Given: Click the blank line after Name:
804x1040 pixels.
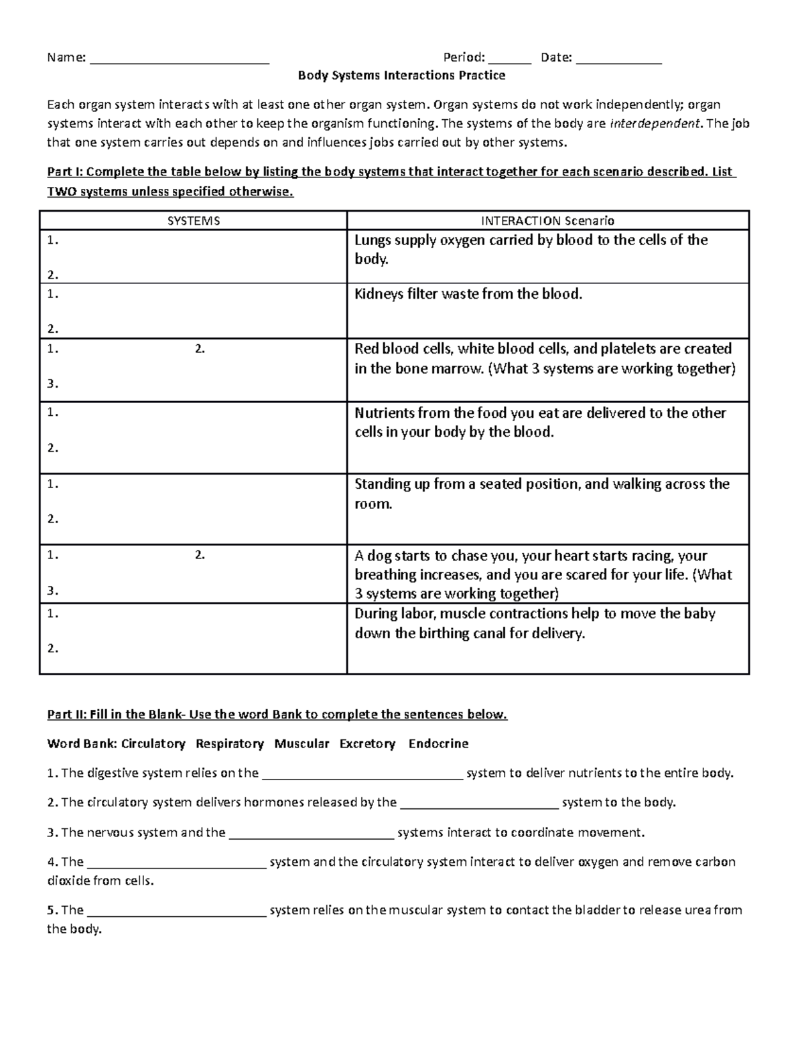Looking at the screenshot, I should [179, 60].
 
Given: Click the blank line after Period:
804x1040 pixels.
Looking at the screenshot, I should [509, 60].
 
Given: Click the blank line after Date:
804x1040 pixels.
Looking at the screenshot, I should [618, 60].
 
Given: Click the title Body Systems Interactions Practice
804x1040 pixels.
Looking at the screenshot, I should [401, 76].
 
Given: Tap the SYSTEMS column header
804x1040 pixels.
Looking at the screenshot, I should [194, 221].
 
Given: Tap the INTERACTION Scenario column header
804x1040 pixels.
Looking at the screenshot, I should [547, 221].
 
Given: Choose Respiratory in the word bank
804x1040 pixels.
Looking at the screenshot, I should [230, 744].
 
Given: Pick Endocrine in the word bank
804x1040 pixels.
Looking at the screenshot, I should [438, 744].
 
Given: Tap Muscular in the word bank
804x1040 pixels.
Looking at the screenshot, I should [301, 744].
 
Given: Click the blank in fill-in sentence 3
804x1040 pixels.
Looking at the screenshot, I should [312, 834].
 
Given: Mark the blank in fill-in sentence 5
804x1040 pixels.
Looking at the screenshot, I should [177, 912].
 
